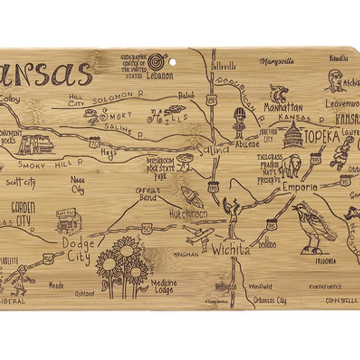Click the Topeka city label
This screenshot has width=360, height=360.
coord(321,137)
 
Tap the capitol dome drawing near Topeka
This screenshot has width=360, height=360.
coord(292,135)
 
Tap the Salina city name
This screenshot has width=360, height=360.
coord(212,149)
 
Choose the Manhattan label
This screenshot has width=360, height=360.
coord(283,108)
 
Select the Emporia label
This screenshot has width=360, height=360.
coord(300,187)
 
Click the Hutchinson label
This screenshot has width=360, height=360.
coord(189,214)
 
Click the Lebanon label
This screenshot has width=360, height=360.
coord(159,76)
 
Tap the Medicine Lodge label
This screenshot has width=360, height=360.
coord(163,287)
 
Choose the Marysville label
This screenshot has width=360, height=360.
coord(276,62)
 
